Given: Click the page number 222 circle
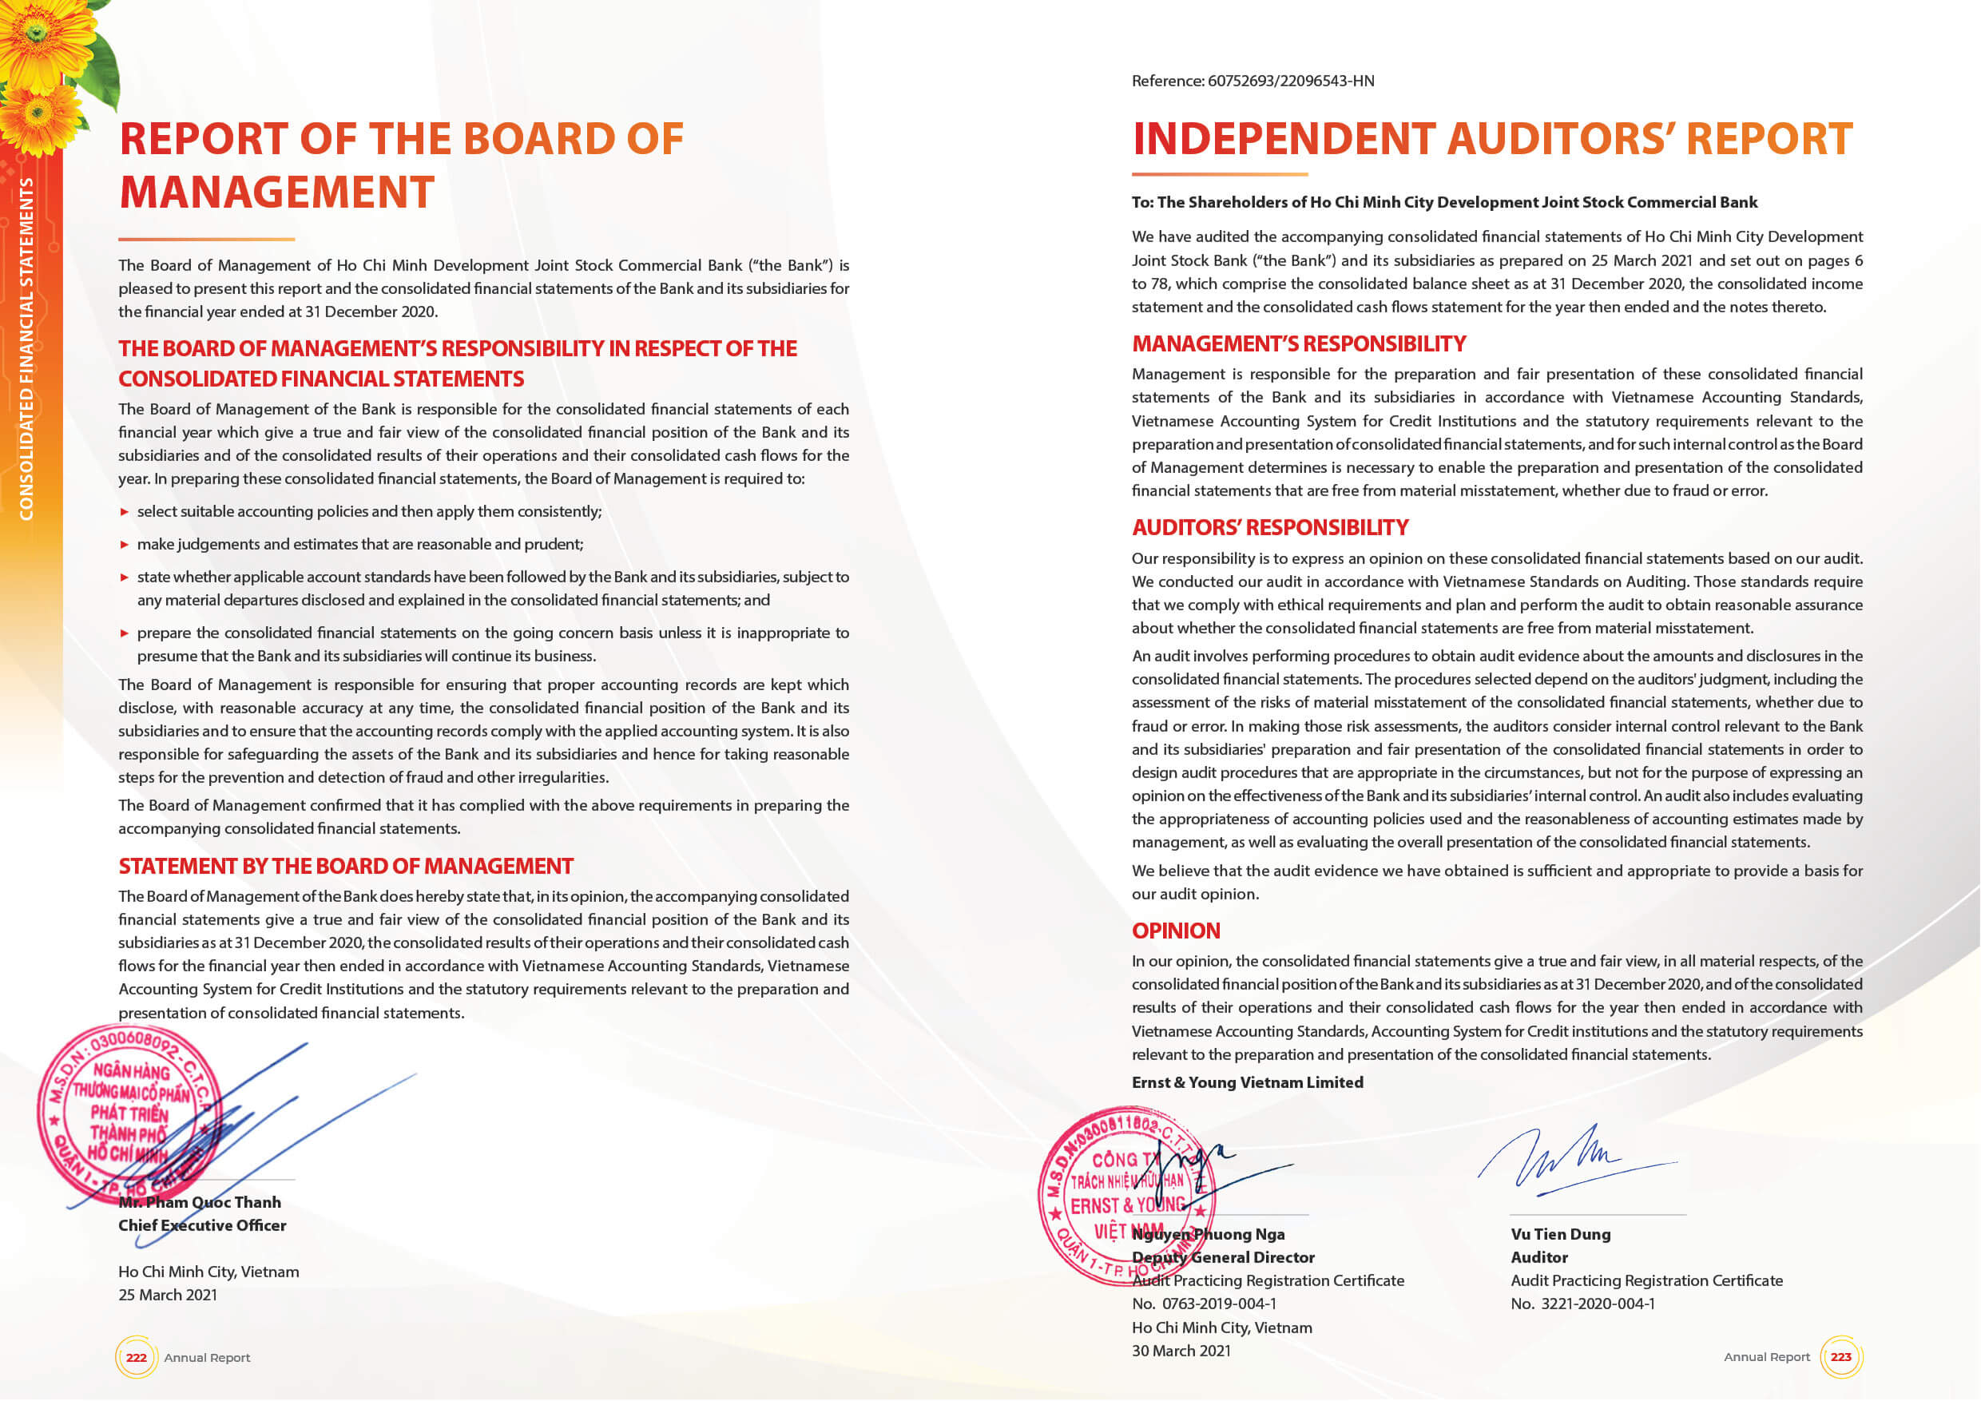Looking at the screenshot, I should coord(137,1357).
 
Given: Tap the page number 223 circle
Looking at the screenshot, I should coord(1840,1356).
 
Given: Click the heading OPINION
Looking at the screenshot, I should coord(1175,931).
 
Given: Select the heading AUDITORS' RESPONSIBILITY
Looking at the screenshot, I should coord(1269,527).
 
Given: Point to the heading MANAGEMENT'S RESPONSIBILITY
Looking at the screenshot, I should coord(1299,343).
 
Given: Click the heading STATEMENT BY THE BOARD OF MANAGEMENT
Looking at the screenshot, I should coord(345,866).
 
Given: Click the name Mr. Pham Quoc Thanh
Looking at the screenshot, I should coord(200,1202).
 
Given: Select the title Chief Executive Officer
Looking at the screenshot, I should coord(202,1225).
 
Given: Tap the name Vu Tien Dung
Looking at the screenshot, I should coord(1560,1233).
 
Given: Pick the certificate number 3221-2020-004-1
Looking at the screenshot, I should coord(1598,1304).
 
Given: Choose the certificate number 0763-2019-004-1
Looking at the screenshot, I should coord(1219,1304).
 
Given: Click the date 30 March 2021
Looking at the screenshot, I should coord(1181,1351).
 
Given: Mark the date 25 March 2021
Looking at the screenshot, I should coord(168,1295).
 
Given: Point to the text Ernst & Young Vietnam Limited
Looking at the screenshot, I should coord(1247,1082).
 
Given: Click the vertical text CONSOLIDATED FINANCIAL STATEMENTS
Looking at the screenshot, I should coord(26,348).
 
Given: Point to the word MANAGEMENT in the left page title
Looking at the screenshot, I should coord(276,192).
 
